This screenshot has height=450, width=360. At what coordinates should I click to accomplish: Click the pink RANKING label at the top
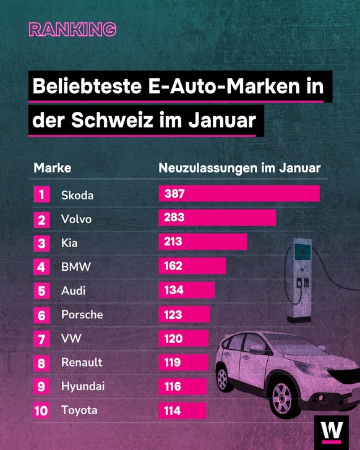pyautogui.click(x=72, y=29)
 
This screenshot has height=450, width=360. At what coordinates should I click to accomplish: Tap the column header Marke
pyautogui.click(x=52, y=168)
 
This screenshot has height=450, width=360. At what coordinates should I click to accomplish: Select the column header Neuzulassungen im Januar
pyautogui.click(x=239, y=168)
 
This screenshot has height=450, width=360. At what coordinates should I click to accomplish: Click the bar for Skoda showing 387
pyautogui.click(x=239, y=194)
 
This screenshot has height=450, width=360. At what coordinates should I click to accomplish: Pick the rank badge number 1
pyautogui.click(x=41, y=195)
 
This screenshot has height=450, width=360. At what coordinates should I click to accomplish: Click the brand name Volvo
pyautogui.click(x=76, y=219)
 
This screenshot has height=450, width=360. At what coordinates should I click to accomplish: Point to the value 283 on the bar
pyautogui.click(x=174, y=218)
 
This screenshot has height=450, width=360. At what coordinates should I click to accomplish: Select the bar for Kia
pyautogui.click(x=203, y=242)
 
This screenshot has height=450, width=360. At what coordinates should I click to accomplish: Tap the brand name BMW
pyautogui.click(x=76, y=267)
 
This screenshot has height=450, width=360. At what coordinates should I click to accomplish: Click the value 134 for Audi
pyautogui.click(x=174, y=290)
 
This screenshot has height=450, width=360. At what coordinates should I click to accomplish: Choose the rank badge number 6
pyautogui.click(x=41, y=315)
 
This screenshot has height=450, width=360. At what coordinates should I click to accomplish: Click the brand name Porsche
pyautogui.click(x=82, y=315)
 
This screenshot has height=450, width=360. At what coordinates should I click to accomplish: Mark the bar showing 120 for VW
pyautogui.click(x=184, y=339)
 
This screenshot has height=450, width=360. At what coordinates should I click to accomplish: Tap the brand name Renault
pyautogui.click(x=82, y=362)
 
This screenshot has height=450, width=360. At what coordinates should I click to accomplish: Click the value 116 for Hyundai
pyautogui.click(x=173, y=386)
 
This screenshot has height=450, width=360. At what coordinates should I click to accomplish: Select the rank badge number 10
pyautogui.click(x=41, y=411)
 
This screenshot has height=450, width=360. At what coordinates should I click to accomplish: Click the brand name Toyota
pyautogui.click(x=79, y=410)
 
